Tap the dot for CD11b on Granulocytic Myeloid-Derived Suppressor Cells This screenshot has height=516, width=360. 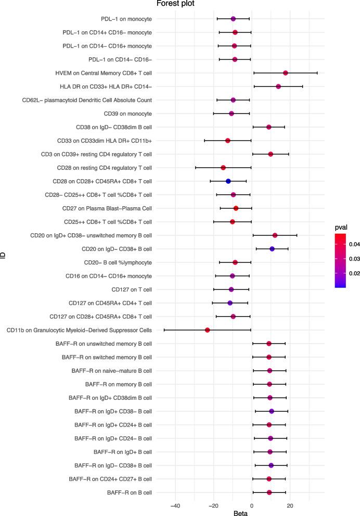[x=207, y=330]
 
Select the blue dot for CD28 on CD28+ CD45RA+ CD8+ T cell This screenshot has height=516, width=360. [x=228, y=181]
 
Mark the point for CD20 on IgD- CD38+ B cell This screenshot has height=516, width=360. [x=272, y=249]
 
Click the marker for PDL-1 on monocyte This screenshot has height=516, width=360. [x=233, y=19]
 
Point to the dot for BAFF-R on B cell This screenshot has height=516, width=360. [x=269, y=493]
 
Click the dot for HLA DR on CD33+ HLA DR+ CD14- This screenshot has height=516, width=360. [x=278, y=86]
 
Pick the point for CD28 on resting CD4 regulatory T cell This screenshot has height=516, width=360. [x=223, y=168]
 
